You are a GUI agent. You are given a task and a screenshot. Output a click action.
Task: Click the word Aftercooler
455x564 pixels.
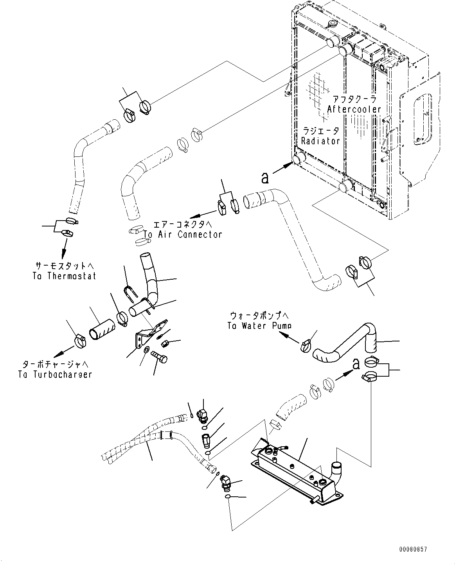click(354, 109)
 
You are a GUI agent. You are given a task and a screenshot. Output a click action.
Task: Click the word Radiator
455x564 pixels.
click(320, 141)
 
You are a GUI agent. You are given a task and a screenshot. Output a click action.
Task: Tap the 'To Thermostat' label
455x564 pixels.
click(65, 276)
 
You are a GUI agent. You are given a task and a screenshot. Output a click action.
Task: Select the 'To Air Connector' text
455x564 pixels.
click(183, 234)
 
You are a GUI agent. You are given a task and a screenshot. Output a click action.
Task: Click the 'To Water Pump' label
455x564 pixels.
click(259, 325)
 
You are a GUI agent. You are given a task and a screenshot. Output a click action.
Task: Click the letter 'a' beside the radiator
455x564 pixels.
click(265, 178)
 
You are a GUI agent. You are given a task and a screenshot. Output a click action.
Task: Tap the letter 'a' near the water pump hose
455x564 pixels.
click(356, 363)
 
